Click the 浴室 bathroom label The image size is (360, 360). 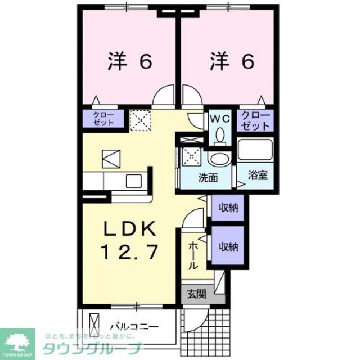point(259,175)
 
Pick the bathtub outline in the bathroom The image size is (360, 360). point(254,150)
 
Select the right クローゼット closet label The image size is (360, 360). point(256,120)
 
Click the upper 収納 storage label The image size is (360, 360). point(229,208)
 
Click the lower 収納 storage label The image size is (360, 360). point(229,246)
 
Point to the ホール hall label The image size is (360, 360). point(193,255)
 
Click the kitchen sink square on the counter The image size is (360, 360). point(134,181)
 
